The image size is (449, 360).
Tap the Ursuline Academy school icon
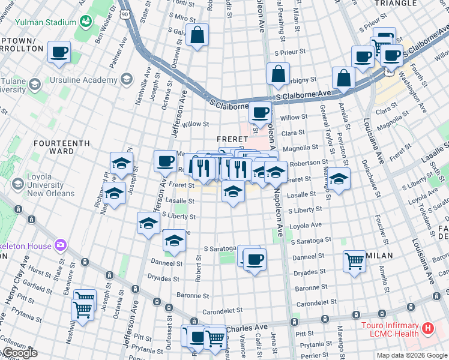tap(127, 79)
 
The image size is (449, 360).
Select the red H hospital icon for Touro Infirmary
tap(427, 328)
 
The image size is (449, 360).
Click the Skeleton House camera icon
tap(60, 244)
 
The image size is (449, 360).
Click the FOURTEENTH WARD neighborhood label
tap(62, 144)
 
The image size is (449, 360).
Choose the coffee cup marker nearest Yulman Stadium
tap(59, 52)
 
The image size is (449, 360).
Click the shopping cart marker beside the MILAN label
tap(355, 260)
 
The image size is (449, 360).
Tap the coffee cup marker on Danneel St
tap(255, 259)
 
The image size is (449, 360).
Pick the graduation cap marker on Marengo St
tap(339, 179)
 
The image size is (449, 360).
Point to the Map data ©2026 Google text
tap(412, 355)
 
